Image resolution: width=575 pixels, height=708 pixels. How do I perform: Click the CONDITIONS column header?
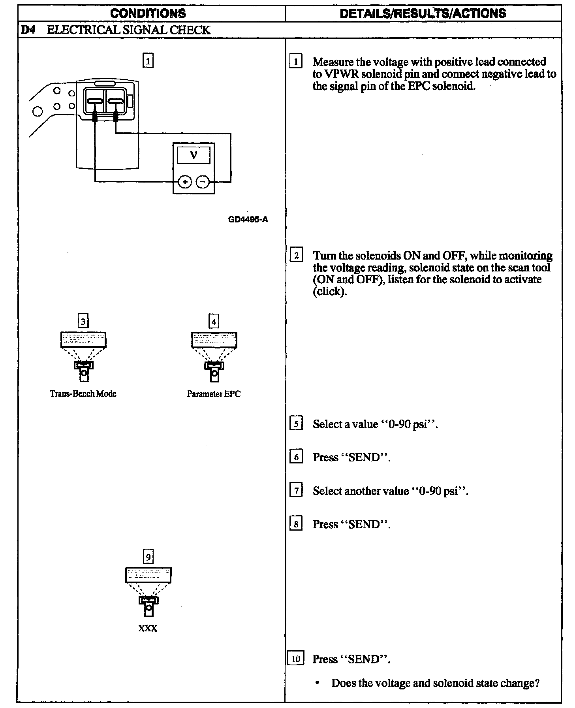coord(148,13)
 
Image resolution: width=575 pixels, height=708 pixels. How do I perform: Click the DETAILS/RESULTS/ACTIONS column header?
coord(423,13)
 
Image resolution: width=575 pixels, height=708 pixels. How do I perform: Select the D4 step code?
coord(26,30)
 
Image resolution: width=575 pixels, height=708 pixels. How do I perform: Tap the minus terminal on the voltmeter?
coord(203,182)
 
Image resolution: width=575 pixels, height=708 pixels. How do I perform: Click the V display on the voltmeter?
coord(194,155)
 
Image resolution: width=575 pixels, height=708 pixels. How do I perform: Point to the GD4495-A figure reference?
coord(248,219)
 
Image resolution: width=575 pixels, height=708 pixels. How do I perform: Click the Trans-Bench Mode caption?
coord(83,394)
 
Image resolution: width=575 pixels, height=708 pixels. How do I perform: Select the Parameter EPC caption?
coord(214,394)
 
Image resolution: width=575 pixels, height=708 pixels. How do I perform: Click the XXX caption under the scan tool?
coord(148,628)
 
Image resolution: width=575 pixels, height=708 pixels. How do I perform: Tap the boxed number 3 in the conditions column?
coord(83,322)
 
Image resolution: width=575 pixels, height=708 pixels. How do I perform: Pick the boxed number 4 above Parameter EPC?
coord(214,322)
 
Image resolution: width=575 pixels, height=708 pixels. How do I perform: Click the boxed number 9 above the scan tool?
coord(148,557)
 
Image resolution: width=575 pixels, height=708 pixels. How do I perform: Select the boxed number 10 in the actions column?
coord(296,659)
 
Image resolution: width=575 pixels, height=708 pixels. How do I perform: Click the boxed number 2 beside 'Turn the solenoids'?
coord(296,256)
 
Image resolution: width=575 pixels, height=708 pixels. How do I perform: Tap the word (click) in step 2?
coord(329,291)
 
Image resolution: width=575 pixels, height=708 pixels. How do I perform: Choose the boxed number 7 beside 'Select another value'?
coord(296,491)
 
